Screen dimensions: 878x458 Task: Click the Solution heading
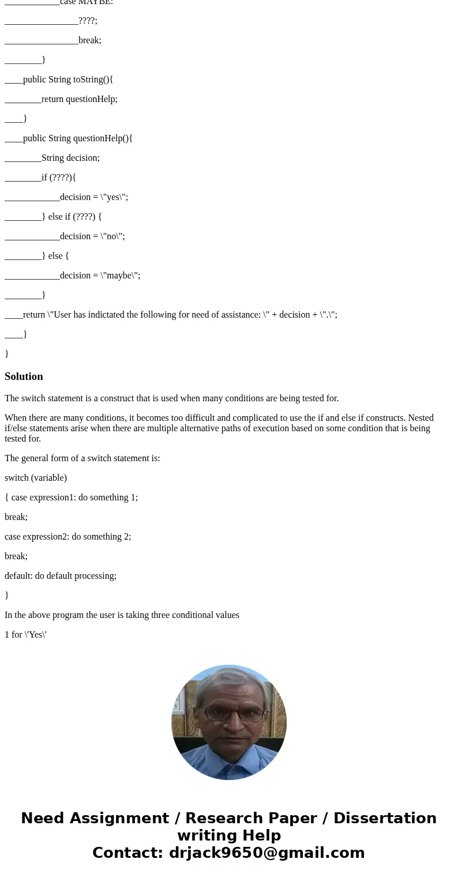tap(24, 376)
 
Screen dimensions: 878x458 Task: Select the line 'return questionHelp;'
tap(80, 99)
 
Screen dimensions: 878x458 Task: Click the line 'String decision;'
tap(70, 158)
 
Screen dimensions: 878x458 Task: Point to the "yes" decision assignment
tap(94, 197)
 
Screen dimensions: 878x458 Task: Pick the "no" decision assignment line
tap(92, 236)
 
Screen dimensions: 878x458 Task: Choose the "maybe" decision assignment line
tap(100, 276)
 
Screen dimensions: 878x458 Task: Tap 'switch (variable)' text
tap(36, 478)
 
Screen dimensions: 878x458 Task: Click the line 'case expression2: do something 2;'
tap(68, 537)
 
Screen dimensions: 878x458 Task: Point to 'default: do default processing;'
tap(61, 576)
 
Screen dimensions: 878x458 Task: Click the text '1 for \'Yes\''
tap(25, 635)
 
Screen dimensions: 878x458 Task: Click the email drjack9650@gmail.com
tap(266, 853)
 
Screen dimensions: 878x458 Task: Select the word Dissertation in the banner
tap(385, 818)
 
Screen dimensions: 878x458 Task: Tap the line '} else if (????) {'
tap(72, 217)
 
